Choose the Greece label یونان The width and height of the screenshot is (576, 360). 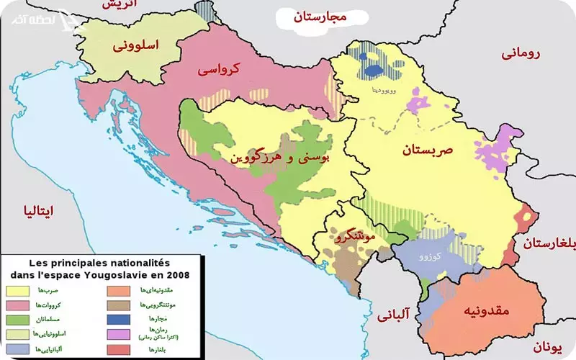pos(547,348)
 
